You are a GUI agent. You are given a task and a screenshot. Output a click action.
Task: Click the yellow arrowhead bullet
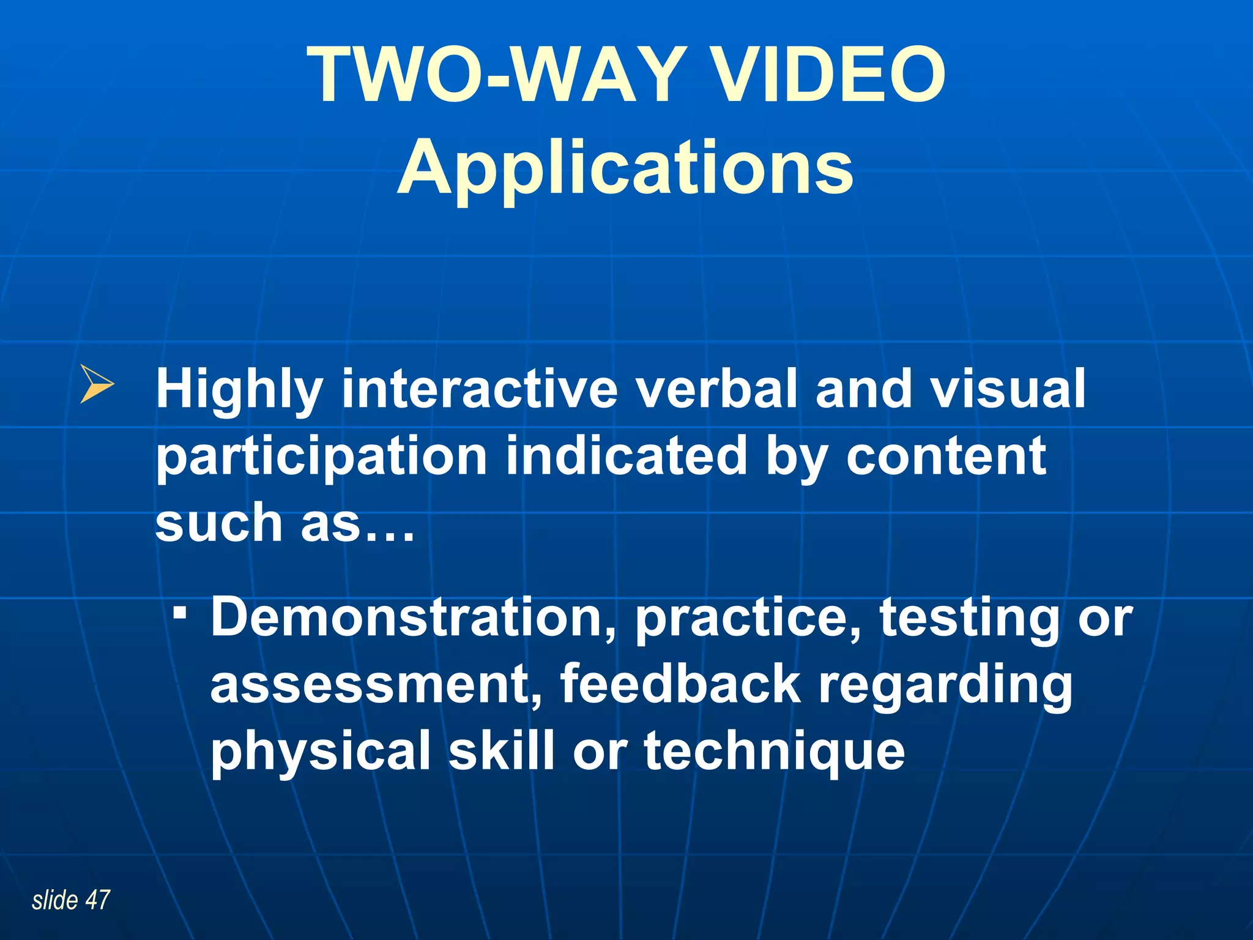point(97,384)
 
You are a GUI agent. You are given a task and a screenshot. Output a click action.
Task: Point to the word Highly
point(239,390)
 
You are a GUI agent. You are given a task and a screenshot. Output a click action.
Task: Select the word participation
point(321,458)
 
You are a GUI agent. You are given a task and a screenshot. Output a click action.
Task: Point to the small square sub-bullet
point(179,612)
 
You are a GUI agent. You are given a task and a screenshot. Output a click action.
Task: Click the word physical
point(321,752)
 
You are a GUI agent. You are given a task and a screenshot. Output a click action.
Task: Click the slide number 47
point(97,900)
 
